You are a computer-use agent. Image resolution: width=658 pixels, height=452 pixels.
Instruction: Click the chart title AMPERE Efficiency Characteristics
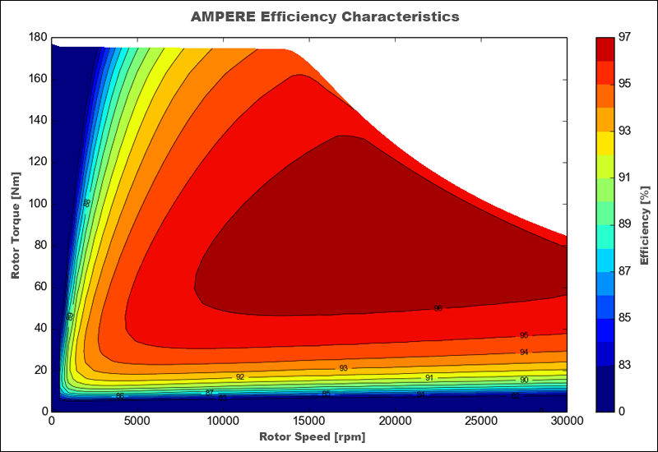(x=324, y=16)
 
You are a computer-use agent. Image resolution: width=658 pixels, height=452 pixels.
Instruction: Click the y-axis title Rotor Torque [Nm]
(x=16, y=224)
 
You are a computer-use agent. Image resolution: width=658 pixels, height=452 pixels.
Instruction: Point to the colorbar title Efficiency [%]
(x=645, y=224)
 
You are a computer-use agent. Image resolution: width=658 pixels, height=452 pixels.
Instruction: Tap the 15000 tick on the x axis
(x=309, y=421)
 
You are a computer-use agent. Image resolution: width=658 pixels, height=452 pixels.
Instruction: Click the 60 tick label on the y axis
(x=40, y=287)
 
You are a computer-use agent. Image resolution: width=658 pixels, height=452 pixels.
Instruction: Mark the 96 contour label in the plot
(x=438, y=308)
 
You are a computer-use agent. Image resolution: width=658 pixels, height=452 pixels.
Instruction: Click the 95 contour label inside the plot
(x=524, y=335)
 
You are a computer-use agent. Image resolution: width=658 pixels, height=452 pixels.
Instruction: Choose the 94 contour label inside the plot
(x=524, y=352)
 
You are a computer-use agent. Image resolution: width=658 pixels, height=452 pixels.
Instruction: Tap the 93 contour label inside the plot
(x=343, y=368)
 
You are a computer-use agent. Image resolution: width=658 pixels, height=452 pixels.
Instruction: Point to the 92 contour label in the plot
(x=240, y=376)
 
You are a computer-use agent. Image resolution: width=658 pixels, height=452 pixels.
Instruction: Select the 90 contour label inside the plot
(x=524, y=380)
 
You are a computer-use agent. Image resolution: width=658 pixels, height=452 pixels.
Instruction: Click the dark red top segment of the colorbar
(x=606, y=48)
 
